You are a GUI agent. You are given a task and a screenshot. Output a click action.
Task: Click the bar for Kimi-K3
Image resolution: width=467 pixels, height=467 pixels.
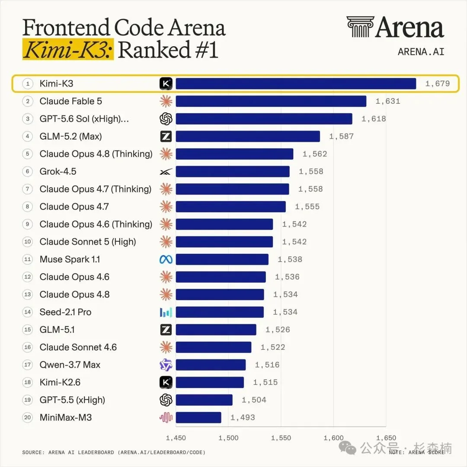coord(296,84)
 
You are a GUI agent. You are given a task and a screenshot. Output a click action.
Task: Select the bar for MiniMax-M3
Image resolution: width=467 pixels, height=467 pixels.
coord(198,418)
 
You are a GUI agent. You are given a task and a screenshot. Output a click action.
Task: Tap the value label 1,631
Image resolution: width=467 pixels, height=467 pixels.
coord(388,101)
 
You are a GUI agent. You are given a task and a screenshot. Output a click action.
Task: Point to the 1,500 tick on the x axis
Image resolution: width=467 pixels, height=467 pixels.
coord(228,438)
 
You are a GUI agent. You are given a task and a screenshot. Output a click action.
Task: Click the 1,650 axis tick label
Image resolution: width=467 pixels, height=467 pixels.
coord(386,438)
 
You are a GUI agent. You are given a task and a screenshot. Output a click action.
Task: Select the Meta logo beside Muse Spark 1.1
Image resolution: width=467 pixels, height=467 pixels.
coord(166,259)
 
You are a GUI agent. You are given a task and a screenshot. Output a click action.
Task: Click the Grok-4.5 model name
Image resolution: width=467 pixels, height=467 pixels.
coord(58,172)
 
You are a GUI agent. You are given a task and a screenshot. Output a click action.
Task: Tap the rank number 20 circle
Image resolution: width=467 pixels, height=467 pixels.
coord(27,418)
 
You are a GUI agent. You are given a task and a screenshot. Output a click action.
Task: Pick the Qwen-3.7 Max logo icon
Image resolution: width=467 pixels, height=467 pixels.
coord(166,365)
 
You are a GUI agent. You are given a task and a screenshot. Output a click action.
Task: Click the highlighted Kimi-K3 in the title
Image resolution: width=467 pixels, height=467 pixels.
coord(68,49)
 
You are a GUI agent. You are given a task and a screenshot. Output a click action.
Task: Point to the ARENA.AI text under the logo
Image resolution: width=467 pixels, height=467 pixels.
coord(421,52)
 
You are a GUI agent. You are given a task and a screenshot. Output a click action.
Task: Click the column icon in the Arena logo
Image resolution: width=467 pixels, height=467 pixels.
coord(360,27)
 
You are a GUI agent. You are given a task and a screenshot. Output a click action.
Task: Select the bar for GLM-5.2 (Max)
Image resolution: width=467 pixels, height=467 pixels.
coord(248,136)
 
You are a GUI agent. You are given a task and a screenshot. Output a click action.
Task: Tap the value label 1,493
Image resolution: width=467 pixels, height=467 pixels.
coord(243,418)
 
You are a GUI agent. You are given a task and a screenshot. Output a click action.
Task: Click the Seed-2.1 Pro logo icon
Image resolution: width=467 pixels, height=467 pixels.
coord(166,312)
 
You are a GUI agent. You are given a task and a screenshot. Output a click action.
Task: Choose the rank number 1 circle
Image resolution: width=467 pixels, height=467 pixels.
coord(27,84)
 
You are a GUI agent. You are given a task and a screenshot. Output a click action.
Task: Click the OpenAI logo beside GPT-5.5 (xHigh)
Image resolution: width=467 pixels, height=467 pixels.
coord(166,400)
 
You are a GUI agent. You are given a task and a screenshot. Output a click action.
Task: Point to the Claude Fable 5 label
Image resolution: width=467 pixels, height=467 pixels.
coord(70,101)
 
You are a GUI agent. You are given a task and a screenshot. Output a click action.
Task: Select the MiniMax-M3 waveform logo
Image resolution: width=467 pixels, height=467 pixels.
coord(166,418)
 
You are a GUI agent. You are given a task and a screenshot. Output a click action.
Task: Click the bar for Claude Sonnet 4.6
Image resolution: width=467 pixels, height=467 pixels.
coord(214,347)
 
